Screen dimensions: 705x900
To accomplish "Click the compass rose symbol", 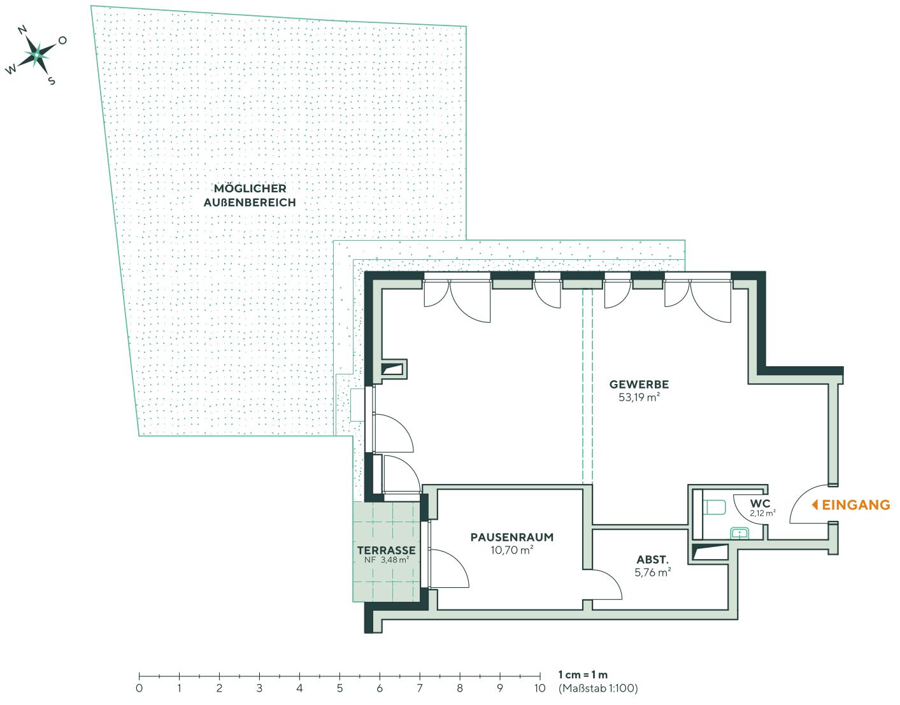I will tap(37, 55).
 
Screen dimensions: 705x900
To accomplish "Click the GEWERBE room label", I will tap(639, 385).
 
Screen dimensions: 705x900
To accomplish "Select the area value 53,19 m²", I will tap(639, 397).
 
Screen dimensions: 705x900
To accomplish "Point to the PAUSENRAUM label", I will tap(511, 537).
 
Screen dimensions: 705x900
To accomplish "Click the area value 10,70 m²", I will tap(511, 550).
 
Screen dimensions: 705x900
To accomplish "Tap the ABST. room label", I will tap(652, 560).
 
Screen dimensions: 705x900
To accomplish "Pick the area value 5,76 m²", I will tap(652, 573).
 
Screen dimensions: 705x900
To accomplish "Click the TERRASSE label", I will tap(386, 550).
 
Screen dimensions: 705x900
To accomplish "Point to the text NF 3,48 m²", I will tap(386, 560).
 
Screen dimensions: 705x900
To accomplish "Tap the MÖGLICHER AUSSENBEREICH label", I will tap(250, 196).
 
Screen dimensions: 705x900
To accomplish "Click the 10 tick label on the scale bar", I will tap(539, 688).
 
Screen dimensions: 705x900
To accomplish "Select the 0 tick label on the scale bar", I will tap(139, 688).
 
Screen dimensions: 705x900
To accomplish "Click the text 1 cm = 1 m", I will tap(583, 675).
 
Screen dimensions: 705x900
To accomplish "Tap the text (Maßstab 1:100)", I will tap(597, 688).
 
